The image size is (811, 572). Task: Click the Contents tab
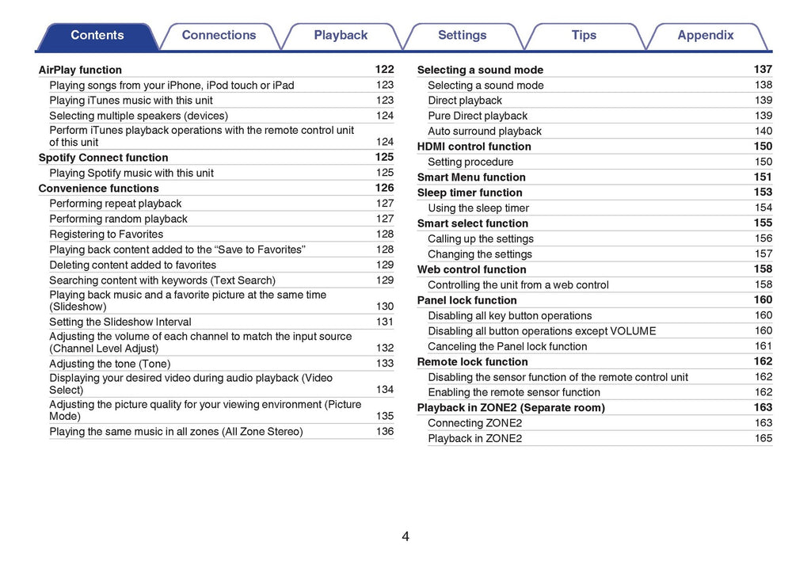coord(97,36)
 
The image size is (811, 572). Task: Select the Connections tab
coord(219,36)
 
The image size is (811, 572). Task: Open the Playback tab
coord(341,36)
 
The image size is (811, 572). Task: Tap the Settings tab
coord(463,36)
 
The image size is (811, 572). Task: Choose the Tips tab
coord(584,36)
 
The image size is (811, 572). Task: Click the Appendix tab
coord(706,36)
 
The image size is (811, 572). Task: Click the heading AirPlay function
coord(80,70)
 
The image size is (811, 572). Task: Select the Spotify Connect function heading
coord(103,158)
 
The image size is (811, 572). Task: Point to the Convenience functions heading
coord(98,189)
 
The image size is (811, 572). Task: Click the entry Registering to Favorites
coord(106,235)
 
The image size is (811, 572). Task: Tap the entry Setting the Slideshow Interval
coord(120,322)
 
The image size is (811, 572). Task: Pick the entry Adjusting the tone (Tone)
coord(109,364)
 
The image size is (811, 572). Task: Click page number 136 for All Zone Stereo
coord(385,432)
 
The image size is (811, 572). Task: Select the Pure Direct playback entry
coord(478,116)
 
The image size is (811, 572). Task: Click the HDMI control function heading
coord(474,147)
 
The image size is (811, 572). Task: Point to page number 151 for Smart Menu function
coord(763,177)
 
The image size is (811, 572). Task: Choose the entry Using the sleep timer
coord(478,208)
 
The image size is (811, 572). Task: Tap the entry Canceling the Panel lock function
coord(508,346)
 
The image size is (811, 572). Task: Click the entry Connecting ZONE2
coord(475,423)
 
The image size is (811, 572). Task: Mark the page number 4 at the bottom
coord(405,536)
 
